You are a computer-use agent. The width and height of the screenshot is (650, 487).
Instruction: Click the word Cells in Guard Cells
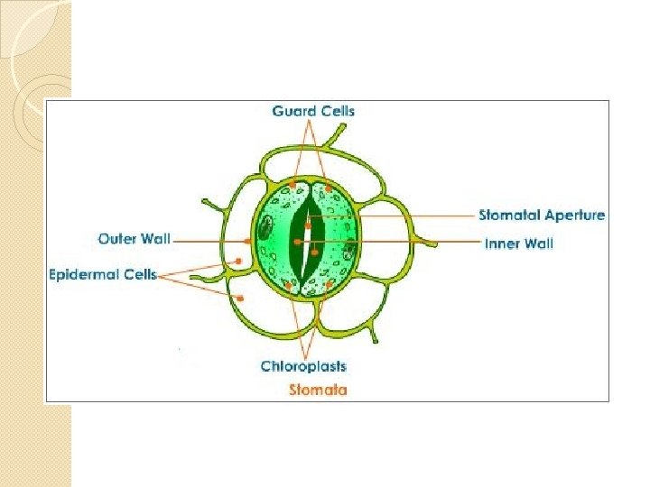[337, 111]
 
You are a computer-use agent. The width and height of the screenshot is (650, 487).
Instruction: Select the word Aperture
[575, 216]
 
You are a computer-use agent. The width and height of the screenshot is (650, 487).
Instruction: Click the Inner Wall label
[518, 243]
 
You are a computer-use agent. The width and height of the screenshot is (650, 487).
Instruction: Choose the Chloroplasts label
[303, 365]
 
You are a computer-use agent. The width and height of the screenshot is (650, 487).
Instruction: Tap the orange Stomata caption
[318, 390]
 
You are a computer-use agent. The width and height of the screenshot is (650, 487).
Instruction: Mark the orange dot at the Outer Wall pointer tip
[249, 241]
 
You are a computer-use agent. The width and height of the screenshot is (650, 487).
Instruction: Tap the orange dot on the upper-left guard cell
[292, 184]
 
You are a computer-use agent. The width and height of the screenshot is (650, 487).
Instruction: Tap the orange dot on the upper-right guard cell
[328, 188]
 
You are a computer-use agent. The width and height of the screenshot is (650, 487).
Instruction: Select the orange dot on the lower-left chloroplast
[288, 286]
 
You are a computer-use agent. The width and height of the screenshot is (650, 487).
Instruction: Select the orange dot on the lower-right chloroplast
[330, 285]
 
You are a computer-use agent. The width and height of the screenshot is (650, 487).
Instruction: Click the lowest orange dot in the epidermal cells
[241, 297]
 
